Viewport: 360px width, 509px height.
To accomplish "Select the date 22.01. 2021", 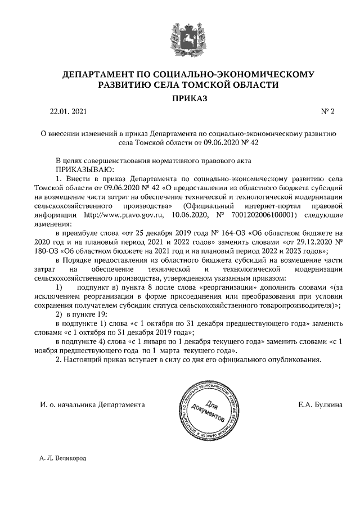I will point(69,112).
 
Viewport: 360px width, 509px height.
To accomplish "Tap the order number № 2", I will point(327,112).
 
